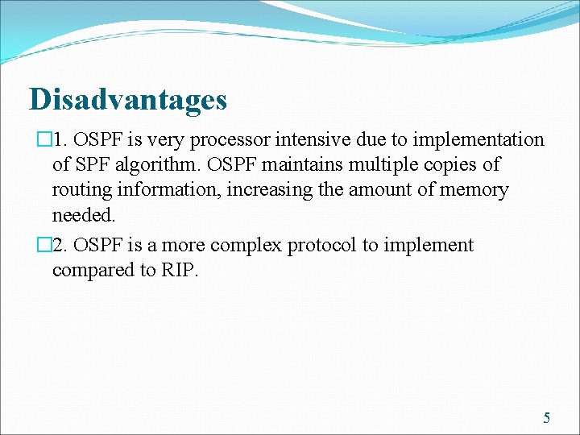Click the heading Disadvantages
coord(128,100)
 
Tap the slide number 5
coord(547,417)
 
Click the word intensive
coord(310,140)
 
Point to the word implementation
coord(478,140)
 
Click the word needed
coord(84,216)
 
